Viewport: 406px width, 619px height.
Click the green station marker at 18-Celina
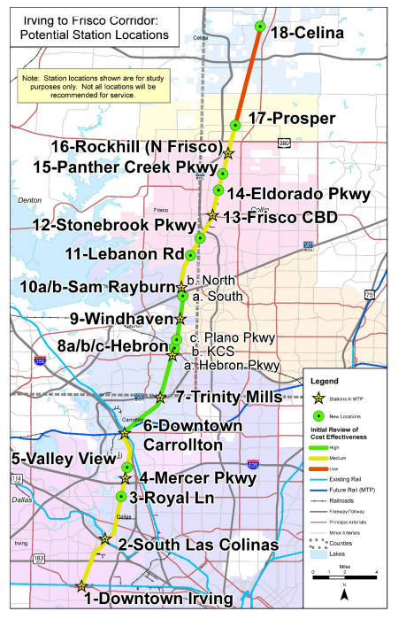(x=259, y=27)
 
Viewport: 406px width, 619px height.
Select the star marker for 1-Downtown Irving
(x=82, y=585)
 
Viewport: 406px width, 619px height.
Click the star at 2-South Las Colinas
(x=105, y=538)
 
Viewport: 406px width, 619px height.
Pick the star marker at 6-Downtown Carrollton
(x=125, y=434)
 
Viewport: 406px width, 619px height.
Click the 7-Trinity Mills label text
(x=228, y=397)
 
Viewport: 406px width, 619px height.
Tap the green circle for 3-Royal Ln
(x=122, y=495)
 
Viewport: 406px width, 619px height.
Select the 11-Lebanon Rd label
(x=119, y=255)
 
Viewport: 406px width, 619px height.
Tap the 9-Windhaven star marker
(x=180, y=319)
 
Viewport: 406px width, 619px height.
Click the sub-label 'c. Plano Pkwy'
(x=221, y=337)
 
